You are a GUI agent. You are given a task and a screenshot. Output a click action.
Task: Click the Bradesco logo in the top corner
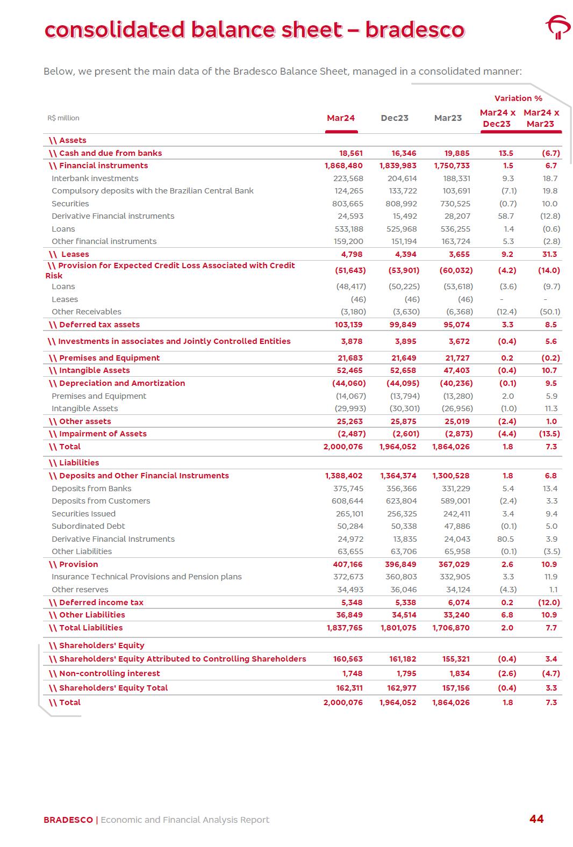pos(558,27)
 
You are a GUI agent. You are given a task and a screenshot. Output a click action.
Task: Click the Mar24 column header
pos(341,118)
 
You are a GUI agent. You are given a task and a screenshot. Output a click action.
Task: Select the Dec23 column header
pos(395,118)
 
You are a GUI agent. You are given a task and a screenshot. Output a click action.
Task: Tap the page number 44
pos(536,819)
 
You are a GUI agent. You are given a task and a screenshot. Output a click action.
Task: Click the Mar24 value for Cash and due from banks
pos(350,153)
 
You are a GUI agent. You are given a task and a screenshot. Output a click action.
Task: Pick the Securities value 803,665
pos(348,204)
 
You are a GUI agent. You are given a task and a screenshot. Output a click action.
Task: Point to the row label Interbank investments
pos(95,178)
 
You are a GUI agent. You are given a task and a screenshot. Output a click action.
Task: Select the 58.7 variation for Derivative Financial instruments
pos(506,216)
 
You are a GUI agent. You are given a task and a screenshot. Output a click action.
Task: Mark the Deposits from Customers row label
pos(101,501)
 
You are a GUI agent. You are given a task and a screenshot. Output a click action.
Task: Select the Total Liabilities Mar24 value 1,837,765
pos(345,628)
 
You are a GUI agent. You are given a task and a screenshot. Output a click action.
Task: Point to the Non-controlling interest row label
pos(109,673)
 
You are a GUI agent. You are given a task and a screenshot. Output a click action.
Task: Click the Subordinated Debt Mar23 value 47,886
pos(457,526)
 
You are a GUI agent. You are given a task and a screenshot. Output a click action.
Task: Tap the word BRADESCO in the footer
pos(68,820)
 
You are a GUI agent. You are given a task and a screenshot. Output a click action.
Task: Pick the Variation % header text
pos(518,98)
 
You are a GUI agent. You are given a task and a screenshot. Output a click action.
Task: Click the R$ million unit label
pos(63,118)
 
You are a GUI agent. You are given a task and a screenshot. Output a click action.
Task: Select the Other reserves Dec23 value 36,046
pos(403,590)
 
